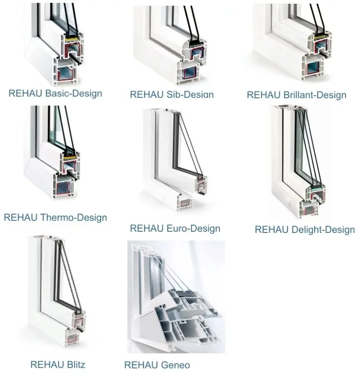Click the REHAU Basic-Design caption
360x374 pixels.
[55, 93]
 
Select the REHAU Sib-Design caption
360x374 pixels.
[171, 94]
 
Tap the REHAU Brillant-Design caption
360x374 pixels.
[296, 95]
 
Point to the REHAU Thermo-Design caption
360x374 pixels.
[55, 217]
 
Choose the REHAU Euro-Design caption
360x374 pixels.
[175, 228]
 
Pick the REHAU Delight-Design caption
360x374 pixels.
[305, 229]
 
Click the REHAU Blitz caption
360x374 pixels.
[58, 364]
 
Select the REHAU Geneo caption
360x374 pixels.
[157, 365]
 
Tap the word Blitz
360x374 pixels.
[75, 364]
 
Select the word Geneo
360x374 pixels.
[174, 365]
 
